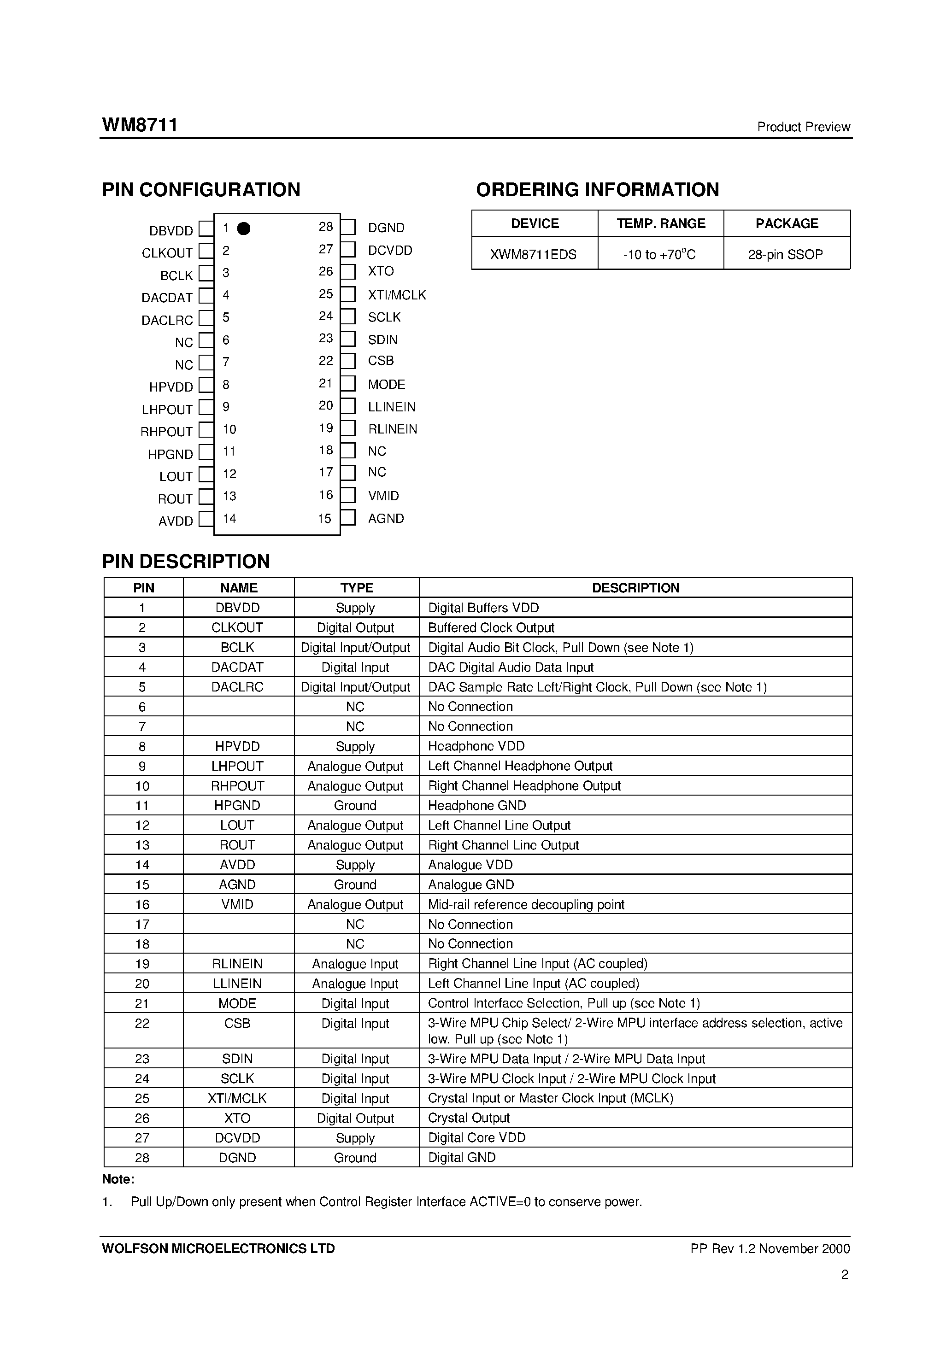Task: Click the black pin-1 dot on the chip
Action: tap(244, 228)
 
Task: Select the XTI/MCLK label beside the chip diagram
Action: tap(397, 295)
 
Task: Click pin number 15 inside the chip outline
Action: tap(324, 519)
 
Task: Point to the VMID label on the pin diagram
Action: tap(383, 496)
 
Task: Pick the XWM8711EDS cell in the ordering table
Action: tap(534, 254)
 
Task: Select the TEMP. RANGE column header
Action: tap(660, 223)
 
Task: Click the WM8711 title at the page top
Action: tap(140, 125)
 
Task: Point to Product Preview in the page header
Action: tap(803, 127)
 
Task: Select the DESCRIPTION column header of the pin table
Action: tap(635, 588)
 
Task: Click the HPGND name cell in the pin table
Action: tap(237, 806)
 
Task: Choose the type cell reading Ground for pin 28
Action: tap(355, 1158)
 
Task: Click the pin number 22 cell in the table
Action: tap(142, 1023)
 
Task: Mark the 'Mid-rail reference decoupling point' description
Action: tap(526, 904)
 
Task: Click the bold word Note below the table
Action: tap(118, 1179)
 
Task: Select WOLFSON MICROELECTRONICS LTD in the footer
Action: tap(218, 1248)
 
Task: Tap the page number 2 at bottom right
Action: tap(845, 1274)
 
